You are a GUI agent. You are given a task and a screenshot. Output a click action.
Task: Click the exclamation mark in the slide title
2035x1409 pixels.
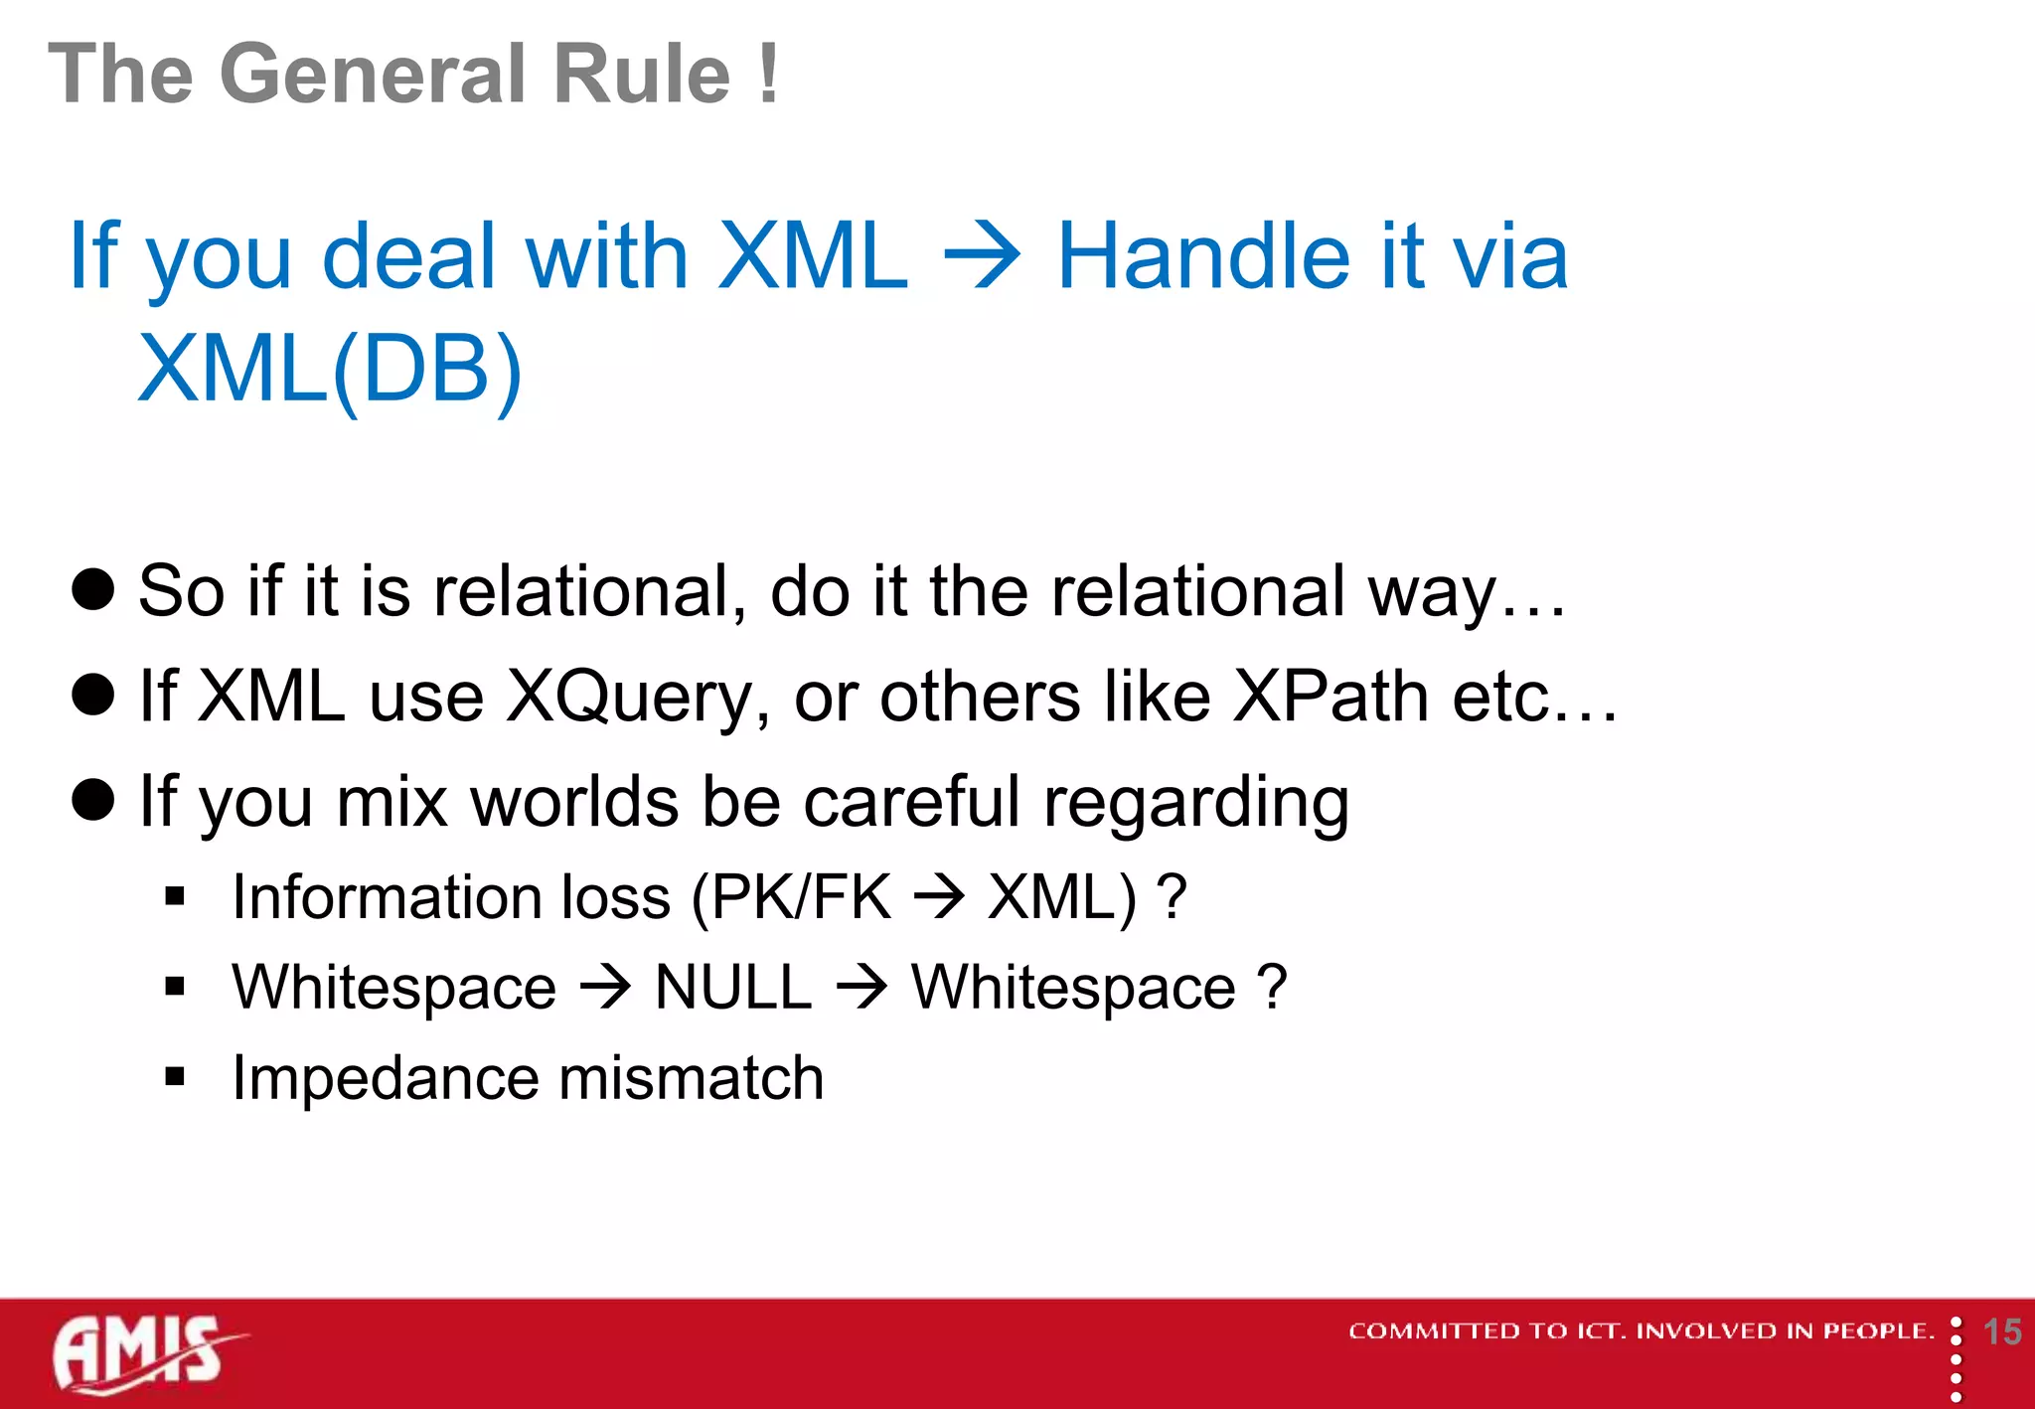767,74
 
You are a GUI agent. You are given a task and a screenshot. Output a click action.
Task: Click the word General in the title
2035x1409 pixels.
374,74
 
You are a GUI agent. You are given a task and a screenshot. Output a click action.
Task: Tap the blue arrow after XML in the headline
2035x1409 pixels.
982,257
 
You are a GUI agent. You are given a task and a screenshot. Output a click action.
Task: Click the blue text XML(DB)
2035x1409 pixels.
330,370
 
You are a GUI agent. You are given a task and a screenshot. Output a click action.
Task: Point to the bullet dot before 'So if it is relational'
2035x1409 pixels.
93,589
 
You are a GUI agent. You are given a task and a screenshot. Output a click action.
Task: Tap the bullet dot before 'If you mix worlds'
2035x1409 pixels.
93,799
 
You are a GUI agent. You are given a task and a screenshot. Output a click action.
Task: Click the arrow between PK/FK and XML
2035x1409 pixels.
939,897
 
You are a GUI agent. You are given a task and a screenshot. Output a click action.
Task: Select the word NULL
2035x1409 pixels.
733,988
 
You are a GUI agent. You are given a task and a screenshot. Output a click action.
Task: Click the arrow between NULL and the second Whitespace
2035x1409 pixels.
861,988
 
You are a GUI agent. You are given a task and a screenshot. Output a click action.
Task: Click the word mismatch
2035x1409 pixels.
692,1078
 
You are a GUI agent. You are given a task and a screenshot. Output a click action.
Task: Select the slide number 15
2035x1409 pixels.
2001,1331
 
